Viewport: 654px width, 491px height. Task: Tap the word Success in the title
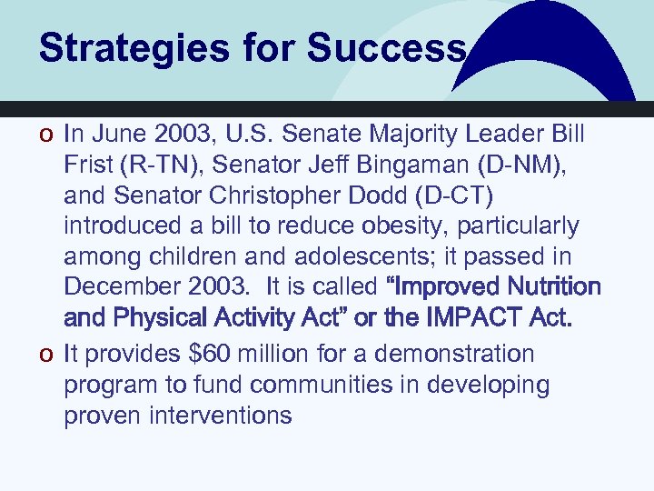(x=386, y=48)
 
